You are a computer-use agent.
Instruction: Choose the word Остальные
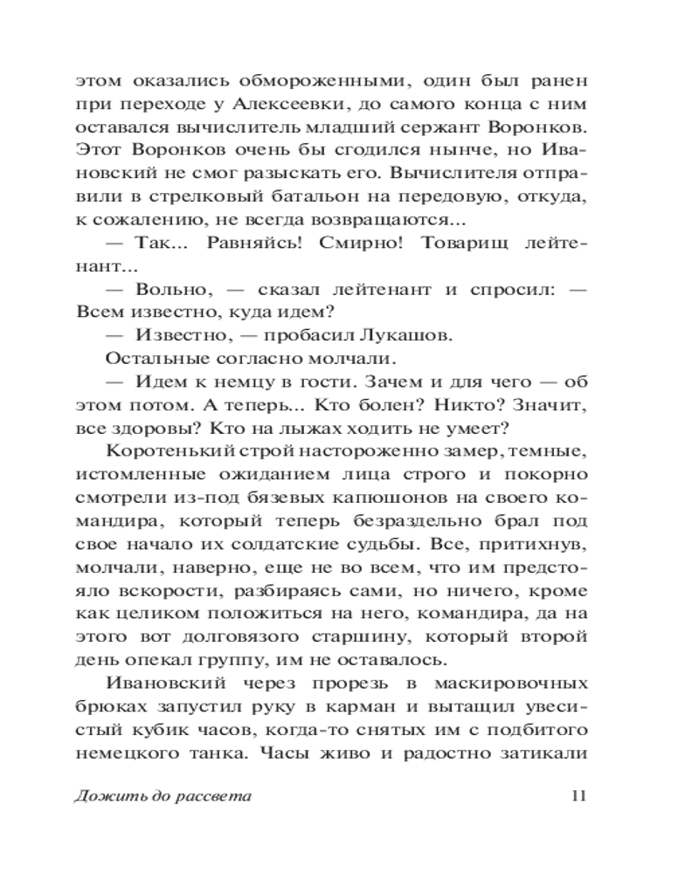(151, 360)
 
